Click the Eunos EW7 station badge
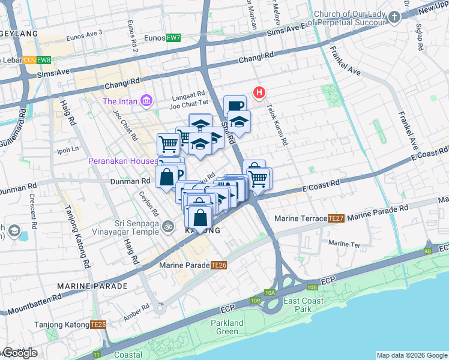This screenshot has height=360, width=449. (x=173, y=38)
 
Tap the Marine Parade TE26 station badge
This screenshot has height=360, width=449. (x=219, y=265)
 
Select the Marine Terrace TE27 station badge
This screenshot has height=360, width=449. (x=336, y=218)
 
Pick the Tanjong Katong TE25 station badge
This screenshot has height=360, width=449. (x=98, y=325)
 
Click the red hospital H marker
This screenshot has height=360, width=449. (x=259, y=92)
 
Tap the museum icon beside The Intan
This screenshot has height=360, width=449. (x=146, y=101)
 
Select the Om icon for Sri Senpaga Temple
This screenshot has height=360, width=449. (x=169, y=227)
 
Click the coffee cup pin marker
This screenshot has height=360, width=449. (x=235, y=106)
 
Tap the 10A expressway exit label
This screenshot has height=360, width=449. (x=270, y=292)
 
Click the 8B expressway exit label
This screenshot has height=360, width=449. (x=427, y=251)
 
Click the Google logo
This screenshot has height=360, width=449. (x=19, y=353)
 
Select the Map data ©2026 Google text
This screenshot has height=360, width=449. (x=412, y=355)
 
